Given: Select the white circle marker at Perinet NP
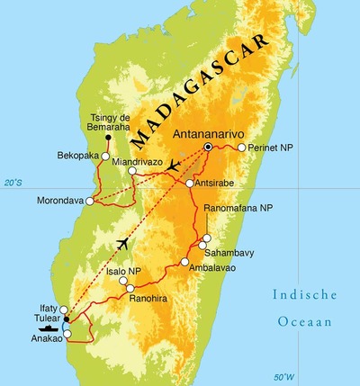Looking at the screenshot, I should tap(241, 147).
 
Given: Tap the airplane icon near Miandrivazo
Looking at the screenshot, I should tap(173, 165).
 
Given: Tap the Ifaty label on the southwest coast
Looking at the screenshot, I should tap(42, 308).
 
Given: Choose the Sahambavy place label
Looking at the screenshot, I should tap(238, 254).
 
